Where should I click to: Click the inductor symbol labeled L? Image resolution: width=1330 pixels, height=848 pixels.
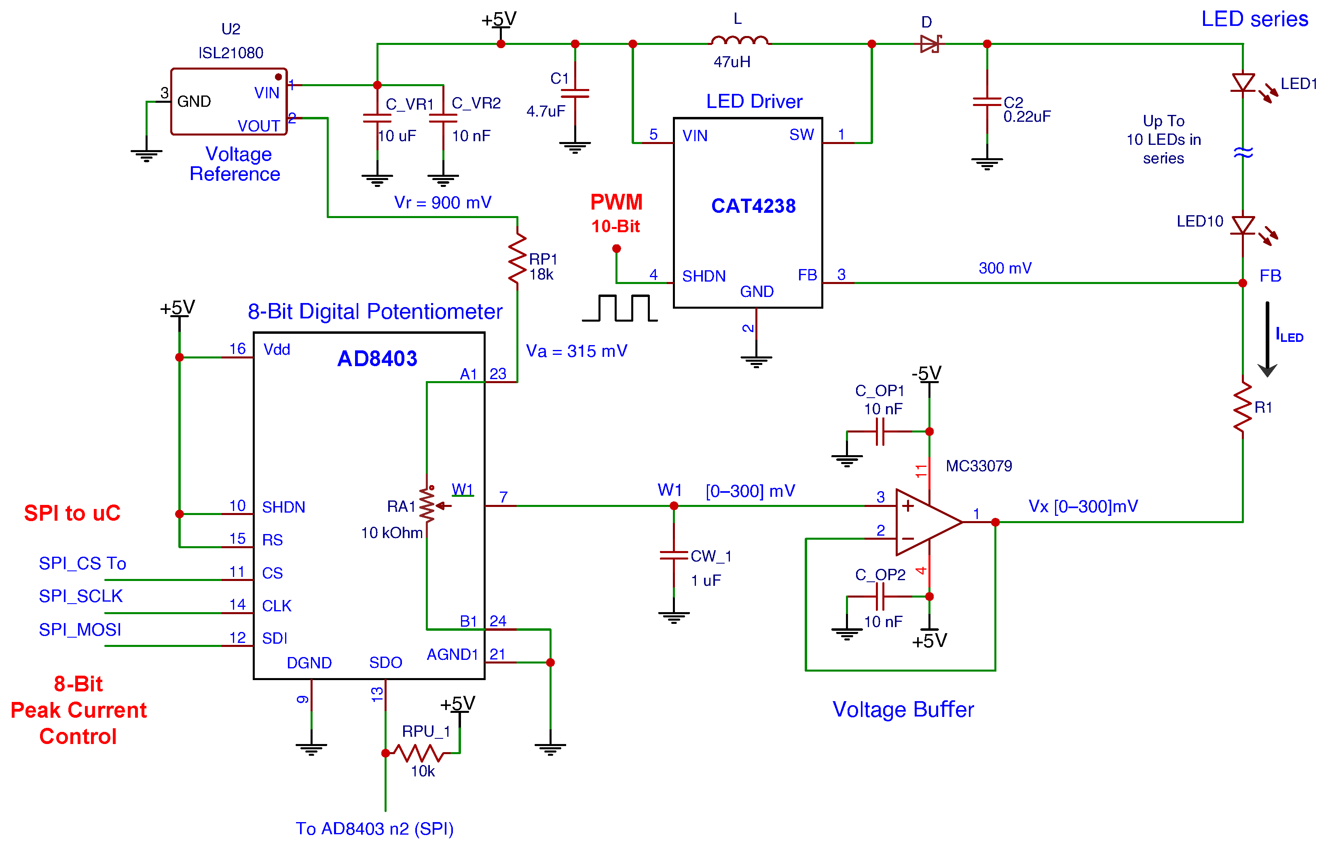tap(739, 40)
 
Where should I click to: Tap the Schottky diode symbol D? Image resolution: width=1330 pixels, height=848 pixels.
tap(930, 44)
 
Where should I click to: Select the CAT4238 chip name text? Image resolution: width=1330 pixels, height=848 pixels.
tap(753, 206)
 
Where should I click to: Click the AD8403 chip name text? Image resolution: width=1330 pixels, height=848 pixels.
tap(377, 358)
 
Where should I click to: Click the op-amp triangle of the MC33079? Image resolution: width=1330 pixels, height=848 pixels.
tap(924, 522)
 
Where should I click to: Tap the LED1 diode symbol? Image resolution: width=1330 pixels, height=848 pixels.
tap(1243, 83)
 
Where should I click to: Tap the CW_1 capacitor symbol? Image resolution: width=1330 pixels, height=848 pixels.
tap(673, 555)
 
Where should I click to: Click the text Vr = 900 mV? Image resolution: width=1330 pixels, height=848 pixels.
tap(442, 203)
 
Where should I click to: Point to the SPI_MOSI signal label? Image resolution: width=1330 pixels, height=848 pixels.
tap(80, 629)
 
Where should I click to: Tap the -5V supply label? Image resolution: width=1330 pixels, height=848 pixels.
tap(926, 373)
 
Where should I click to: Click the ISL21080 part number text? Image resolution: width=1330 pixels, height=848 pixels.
tap(231, 53)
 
